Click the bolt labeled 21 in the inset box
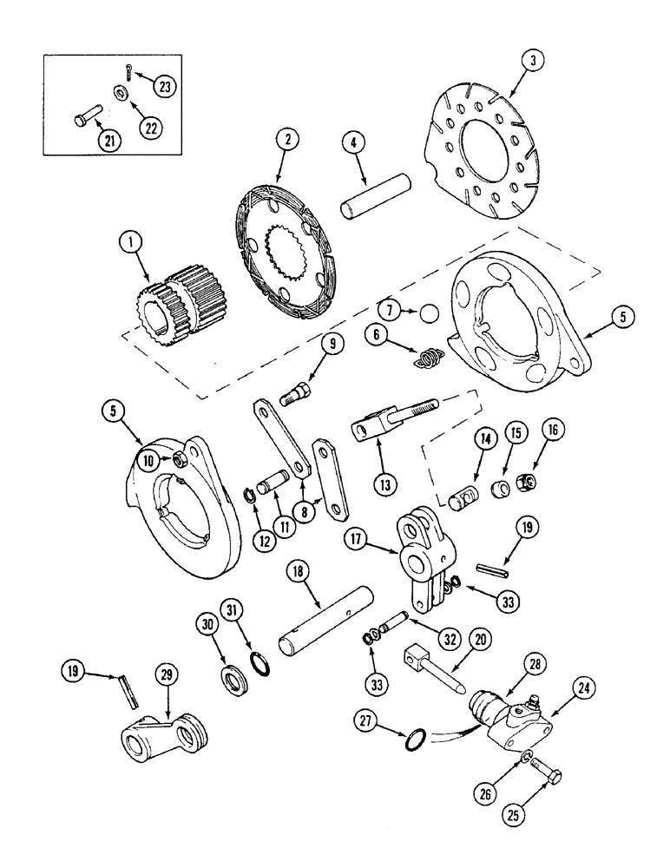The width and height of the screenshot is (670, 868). tap(89, 115)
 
